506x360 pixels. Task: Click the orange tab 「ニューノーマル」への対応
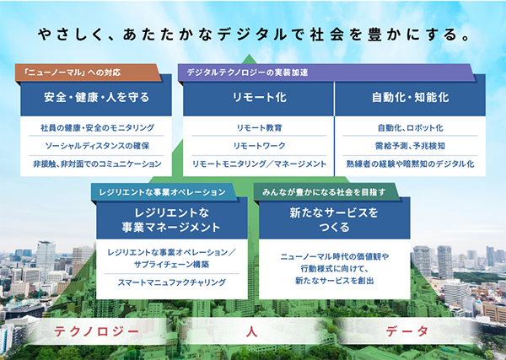88,73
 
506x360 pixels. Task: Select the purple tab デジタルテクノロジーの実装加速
326,73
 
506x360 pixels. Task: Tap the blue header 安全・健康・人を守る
96,97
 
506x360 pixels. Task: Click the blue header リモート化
259,97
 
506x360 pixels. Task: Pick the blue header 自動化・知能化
410,97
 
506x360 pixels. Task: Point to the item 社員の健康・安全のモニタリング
97,128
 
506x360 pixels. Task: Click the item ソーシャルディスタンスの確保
97,146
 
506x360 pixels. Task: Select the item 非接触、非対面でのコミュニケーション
97,164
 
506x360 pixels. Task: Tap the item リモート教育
259,128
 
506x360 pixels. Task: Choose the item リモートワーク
259,146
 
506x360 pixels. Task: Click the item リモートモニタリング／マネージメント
259,164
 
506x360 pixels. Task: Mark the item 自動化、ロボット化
411,128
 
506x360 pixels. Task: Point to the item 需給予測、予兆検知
410,146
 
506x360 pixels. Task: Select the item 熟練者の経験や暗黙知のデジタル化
410,164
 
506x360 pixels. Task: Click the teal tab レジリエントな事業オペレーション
164,192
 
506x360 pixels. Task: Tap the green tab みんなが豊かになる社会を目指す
326,192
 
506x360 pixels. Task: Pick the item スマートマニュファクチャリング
172,282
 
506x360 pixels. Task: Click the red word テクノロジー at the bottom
96,331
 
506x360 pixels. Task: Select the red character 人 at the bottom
251,331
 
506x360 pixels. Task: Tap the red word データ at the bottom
407,331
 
